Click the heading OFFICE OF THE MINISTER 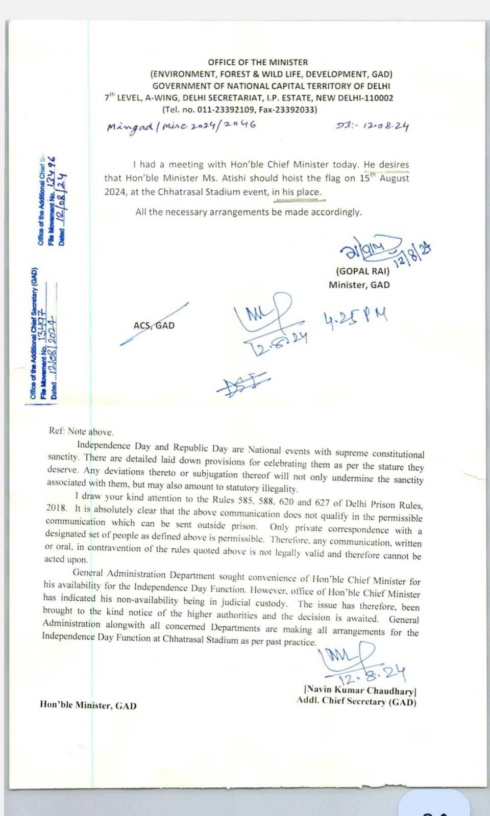(258, 62)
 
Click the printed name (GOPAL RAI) (362, 271)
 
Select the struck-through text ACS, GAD (154, 325)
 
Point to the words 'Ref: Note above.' (81, 431)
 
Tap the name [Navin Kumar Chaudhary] (360, 691)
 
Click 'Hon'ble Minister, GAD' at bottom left (88, 705)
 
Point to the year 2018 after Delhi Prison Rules (56, 508)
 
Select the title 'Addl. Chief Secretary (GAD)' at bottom (356, 702)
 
